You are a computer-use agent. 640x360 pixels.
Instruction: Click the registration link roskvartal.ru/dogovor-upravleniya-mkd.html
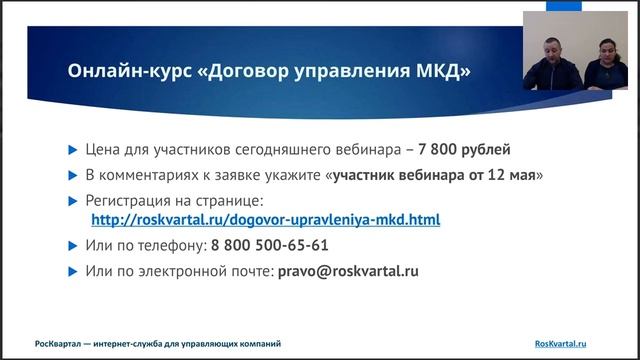coord(265,219)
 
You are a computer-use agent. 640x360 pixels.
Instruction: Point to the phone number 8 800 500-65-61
coord(269,245)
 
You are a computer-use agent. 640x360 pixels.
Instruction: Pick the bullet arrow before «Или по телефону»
coord(71,245)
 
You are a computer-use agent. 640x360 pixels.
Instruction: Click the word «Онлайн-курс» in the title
coord(118,72)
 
